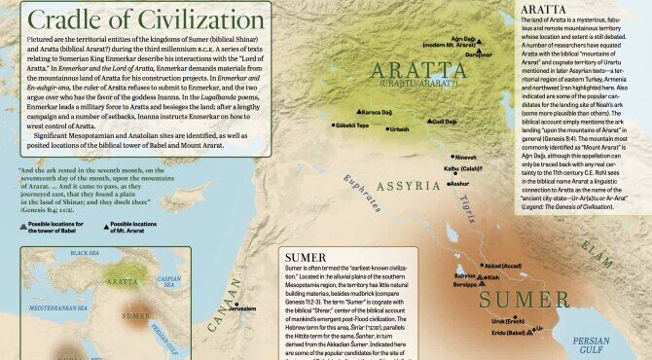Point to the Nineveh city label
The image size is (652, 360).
pyautogui.click(x=466, y=157)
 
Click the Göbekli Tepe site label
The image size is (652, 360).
pyautogui.click(x=351, y=126)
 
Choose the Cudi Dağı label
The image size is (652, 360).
pyautogui.click(x=443, y=122)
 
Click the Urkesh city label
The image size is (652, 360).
pyautogui.click(x=400, y=129)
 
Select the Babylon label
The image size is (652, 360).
pyautogui.click(x=438, y=275)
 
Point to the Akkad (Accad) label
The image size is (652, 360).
pyautogui.click(x=503, y=266)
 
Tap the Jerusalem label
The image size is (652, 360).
pyautogui.click(x=241, y=308)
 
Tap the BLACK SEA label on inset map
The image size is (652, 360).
pyautogui.click(x=86, y=252)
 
